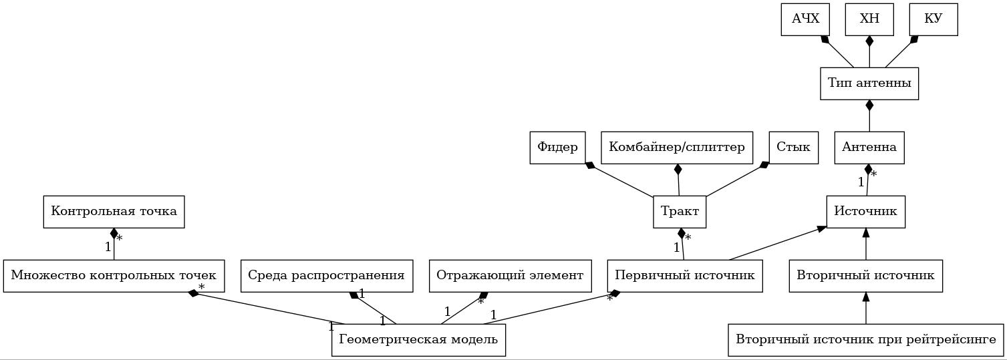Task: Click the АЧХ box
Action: [805, 19]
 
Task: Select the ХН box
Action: [869, 19]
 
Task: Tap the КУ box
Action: [933, 19]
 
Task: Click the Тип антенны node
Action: [869, 83]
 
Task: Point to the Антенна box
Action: [869, 148]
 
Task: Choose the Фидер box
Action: [557, 148]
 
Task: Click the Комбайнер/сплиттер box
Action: [677, 148]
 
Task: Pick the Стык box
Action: [793, 148]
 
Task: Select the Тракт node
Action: [680, 212]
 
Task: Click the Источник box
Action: [865, 212]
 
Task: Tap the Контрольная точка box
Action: [114, 212]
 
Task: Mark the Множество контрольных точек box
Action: [114, 276]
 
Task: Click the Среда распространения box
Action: [326, 276]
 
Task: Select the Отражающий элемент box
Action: [510, 276]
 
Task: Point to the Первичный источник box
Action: [685, 276]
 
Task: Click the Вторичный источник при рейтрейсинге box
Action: [866, 340]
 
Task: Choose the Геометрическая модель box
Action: [418, 340]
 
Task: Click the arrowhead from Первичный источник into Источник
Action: [822, 229]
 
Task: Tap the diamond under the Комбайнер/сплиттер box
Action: [678, 170]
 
